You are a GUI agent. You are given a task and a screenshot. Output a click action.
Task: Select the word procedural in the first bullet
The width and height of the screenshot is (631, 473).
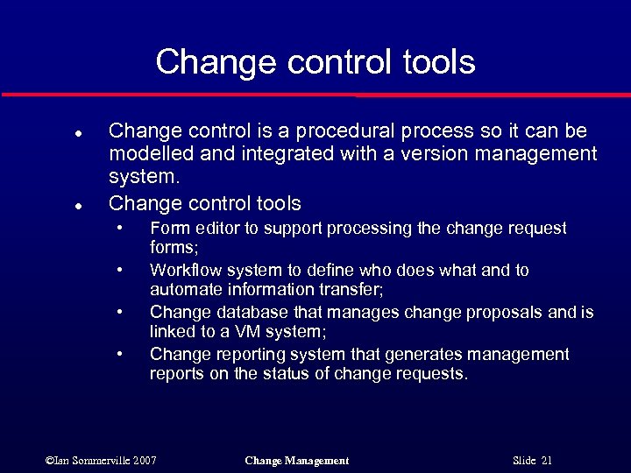point(344,131)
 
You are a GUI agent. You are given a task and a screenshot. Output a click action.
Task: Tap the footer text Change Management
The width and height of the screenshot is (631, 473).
point(297,461)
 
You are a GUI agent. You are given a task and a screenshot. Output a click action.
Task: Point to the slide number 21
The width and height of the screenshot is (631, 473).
point(546,461)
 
